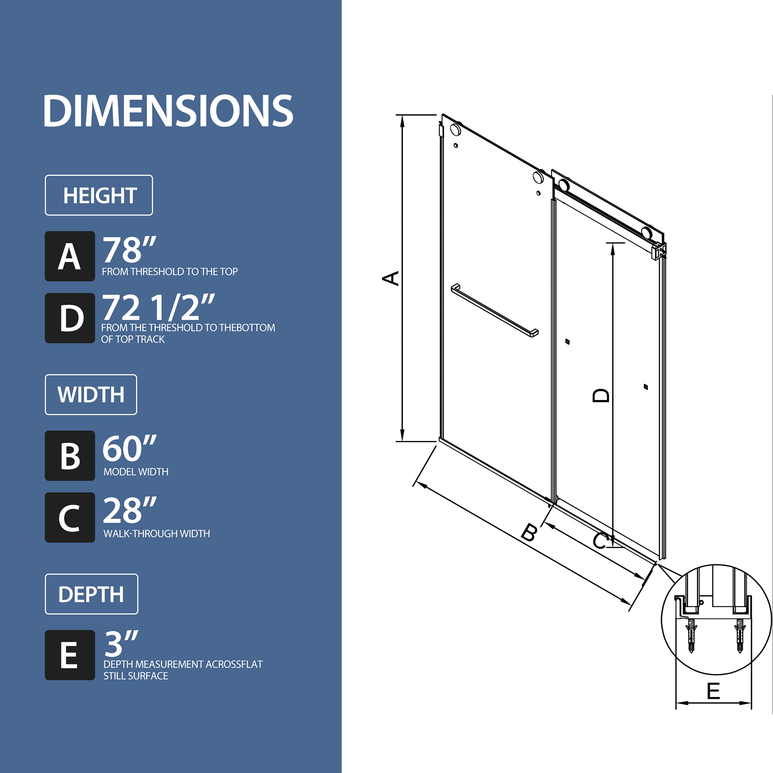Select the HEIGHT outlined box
(x=99, y=195)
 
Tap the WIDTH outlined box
(x=91, y=394)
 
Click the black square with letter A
(x=70, y=256)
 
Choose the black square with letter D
(x=70, y=318)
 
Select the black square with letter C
(x=70, y=517)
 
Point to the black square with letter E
(x=70, y=655)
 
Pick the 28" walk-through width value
(x=129, y=510)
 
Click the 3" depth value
(x=121, y=644)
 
